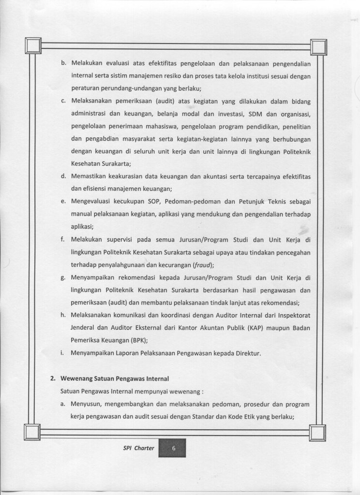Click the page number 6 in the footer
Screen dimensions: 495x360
173,448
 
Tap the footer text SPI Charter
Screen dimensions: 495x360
138,448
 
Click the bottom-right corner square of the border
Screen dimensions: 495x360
318,432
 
